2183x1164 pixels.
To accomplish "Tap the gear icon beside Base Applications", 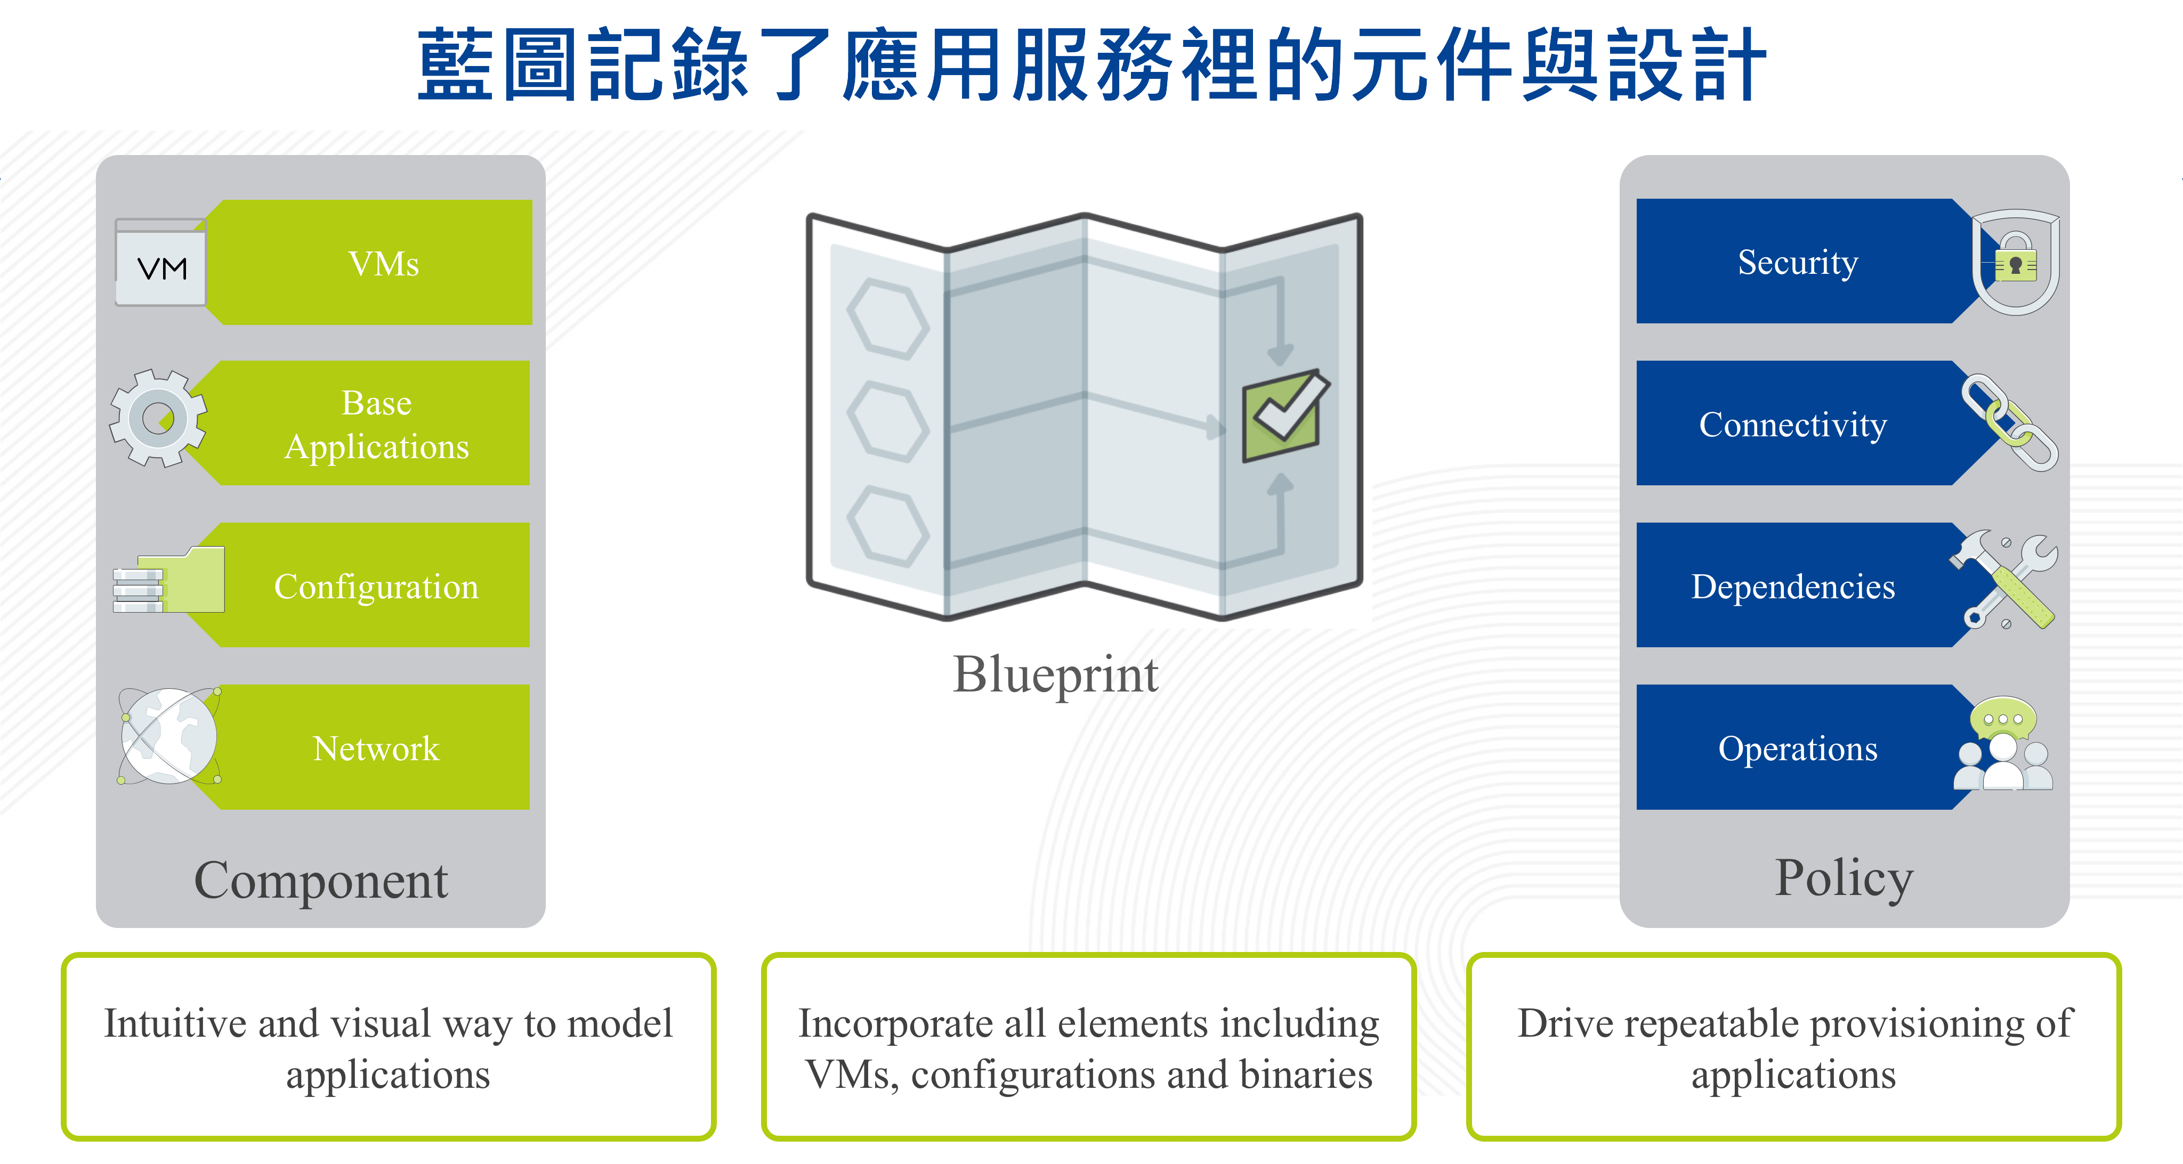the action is click(x=158, y=418).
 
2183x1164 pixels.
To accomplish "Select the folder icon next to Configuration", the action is click(x=168, y=580).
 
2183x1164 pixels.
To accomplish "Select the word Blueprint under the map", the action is click(x=1055, y=675).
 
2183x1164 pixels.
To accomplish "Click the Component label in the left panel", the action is click(x=321, y=881).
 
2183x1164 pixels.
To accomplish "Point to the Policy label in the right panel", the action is click(x=1844, y=880).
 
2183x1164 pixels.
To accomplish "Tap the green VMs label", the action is click(x=384, y=264).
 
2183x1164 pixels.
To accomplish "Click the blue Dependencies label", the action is click(x=1793, y=586).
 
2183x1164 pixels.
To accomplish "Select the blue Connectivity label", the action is click(x=1793, y=425).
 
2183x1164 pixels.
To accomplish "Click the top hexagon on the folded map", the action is click(x=888, y=319).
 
